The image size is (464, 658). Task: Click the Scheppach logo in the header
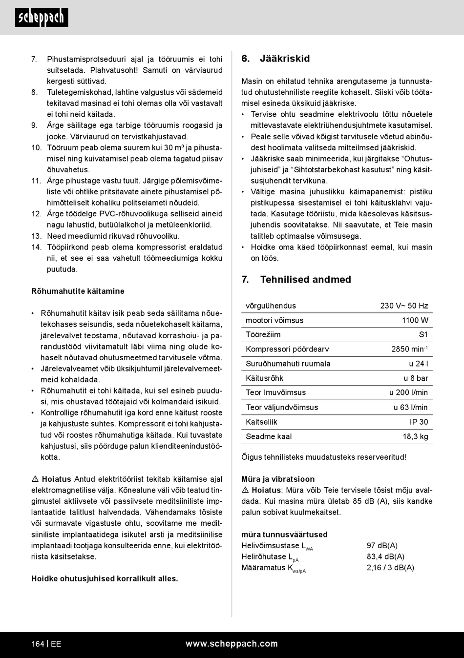[42, 18]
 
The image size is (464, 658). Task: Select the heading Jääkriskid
[285, 59]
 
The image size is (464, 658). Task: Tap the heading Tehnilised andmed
[305, 280]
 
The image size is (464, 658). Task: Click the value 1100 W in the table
[415, 320]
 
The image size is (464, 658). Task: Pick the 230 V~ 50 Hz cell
[404, 306]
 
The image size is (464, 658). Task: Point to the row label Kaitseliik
[261, 422]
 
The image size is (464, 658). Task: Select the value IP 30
[419, 422]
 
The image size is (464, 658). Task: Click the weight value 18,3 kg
[415, 436]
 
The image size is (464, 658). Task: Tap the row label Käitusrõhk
[264, 378]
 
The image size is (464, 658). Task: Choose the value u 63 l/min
[410, 407]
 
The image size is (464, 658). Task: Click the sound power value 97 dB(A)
[382, 545]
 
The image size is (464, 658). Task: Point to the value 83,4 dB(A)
[385, 556]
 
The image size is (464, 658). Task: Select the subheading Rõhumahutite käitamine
[78, 291]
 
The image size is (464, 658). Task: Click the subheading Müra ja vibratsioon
[277, 479]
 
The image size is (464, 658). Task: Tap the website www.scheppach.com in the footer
[232, 644]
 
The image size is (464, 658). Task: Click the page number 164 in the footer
[38, 644]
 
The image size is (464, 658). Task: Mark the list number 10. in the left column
[36, 147]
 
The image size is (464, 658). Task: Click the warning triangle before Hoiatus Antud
[35, 479]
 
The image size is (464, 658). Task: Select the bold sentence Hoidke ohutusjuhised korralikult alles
[105, 578]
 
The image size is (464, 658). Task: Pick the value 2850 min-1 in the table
[409, 349]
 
